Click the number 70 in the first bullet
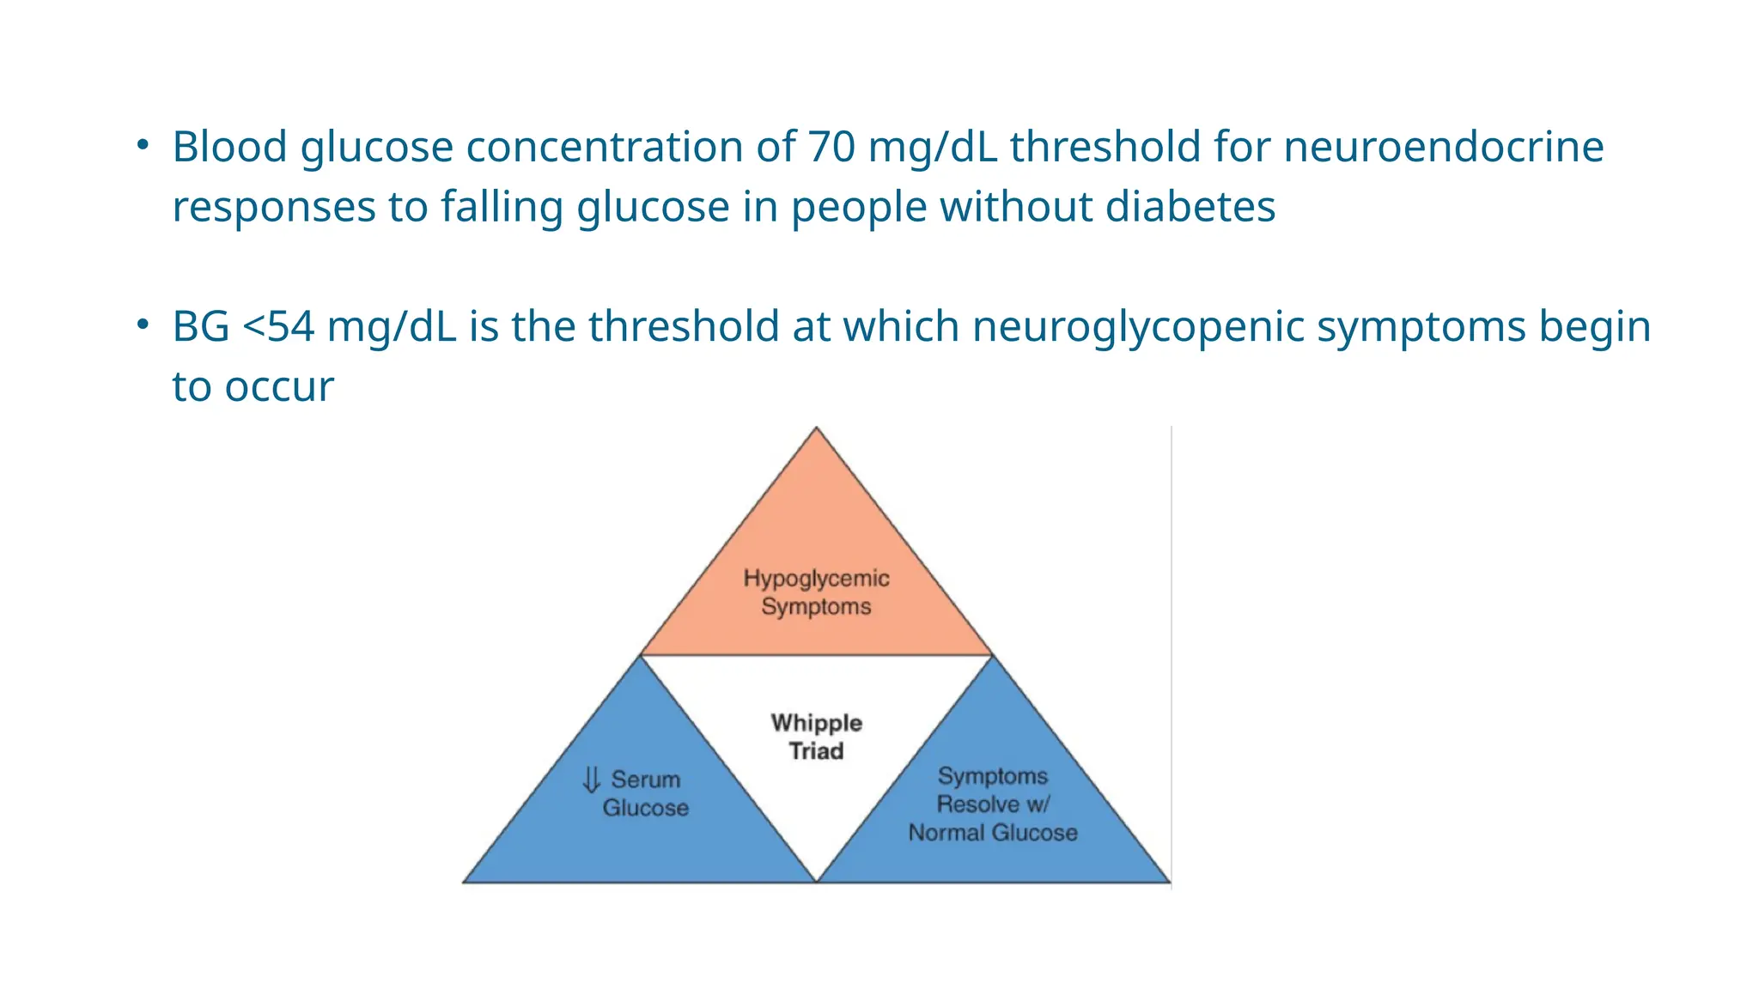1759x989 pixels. tap(831, 147)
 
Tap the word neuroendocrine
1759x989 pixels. tap(1443, 147)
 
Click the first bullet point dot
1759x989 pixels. tap(143, 144)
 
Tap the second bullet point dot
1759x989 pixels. tap(143, 325)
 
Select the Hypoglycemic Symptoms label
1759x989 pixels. tap(816, 592)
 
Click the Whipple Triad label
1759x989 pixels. tap(816, 737)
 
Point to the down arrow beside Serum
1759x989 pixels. tap(591, 780)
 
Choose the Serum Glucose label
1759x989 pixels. tap(645, 793)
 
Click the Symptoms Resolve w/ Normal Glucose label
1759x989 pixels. tap(993, 804)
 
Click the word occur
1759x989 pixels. tap(279, 387)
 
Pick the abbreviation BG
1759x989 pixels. tap(201, 327)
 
